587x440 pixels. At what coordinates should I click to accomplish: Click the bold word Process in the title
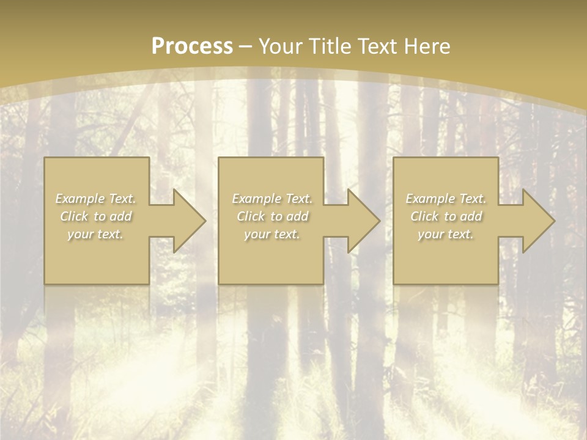(x=192, y=46)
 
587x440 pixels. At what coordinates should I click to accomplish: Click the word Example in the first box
(x=79, y=199)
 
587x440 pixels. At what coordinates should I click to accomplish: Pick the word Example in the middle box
(x=255, y=199)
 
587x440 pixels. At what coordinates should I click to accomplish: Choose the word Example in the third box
(x=429, y=199)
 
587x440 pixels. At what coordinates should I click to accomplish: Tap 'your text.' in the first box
(x=95, y=234)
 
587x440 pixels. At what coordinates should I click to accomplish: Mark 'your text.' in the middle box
(x=271, y=234)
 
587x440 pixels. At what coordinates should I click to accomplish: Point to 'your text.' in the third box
(x=446, y=234)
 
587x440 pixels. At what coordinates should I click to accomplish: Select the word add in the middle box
(x=297, y=216)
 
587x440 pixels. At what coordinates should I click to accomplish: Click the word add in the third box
(x=471, y=216)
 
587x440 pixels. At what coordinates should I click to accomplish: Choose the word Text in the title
(x=375, y=46)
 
